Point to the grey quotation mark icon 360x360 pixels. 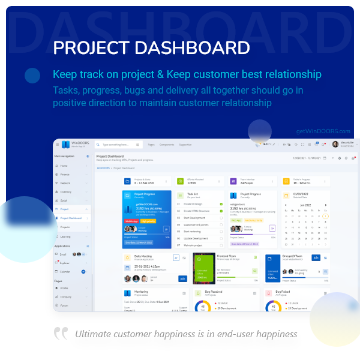(x=61, y=333)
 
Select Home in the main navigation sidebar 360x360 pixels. (x=64, y=166)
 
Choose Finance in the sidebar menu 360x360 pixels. (x=65, y=174)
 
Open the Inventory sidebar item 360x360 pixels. (x=66, y=192)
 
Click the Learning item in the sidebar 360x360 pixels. (x=66, y=236)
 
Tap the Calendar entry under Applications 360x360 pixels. (x=65, y=272)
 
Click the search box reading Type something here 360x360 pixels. (x=118, y=145)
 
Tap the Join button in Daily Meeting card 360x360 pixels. (x=182, y=278)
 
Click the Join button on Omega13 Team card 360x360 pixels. (x=316, y=257)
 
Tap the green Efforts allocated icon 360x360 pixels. (x=180, y=181)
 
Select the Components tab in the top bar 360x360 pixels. (x=167, y=145)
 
